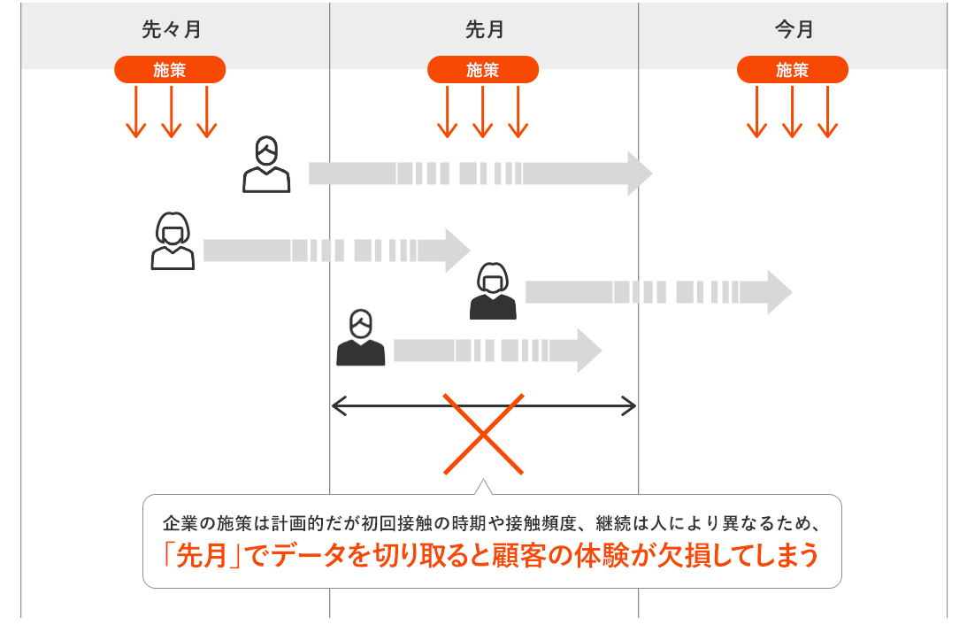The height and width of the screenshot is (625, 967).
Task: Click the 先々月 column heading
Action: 171,29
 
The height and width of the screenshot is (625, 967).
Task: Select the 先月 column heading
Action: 484,29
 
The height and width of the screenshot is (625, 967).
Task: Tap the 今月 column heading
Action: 794,29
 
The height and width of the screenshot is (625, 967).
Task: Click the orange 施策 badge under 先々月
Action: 170,70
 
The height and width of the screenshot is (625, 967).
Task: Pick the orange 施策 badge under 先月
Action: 483,70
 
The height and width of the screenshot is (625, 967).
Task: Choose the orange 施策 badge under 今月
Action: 793,70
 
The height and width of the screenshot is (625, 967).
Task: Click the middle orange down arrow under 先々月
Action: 171,112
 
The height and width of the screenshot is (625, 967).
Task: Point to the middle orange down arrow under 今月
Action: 792,112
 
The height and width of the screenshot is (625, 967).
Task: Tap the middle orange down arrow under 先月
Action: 482,112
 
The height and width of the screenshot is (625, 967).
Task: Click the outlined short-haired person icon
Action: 266,165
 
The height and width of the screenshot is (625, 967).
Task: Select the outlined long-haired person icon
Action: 173,241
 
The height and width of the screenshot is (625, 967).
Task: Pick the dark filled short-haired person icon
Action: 360,338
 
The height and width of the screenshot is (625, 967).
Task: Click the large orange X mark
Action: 483,434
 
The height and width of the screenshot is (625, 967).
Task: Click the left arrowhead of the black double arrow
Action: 337,406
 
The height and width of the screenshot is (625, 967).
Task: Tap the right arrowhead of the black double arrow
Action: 630,406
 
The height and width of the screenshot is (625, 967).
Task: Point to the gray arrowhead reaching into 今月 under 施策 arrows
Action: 779,292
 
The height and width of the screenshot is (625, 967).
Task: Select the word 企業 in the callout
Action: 178,522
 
